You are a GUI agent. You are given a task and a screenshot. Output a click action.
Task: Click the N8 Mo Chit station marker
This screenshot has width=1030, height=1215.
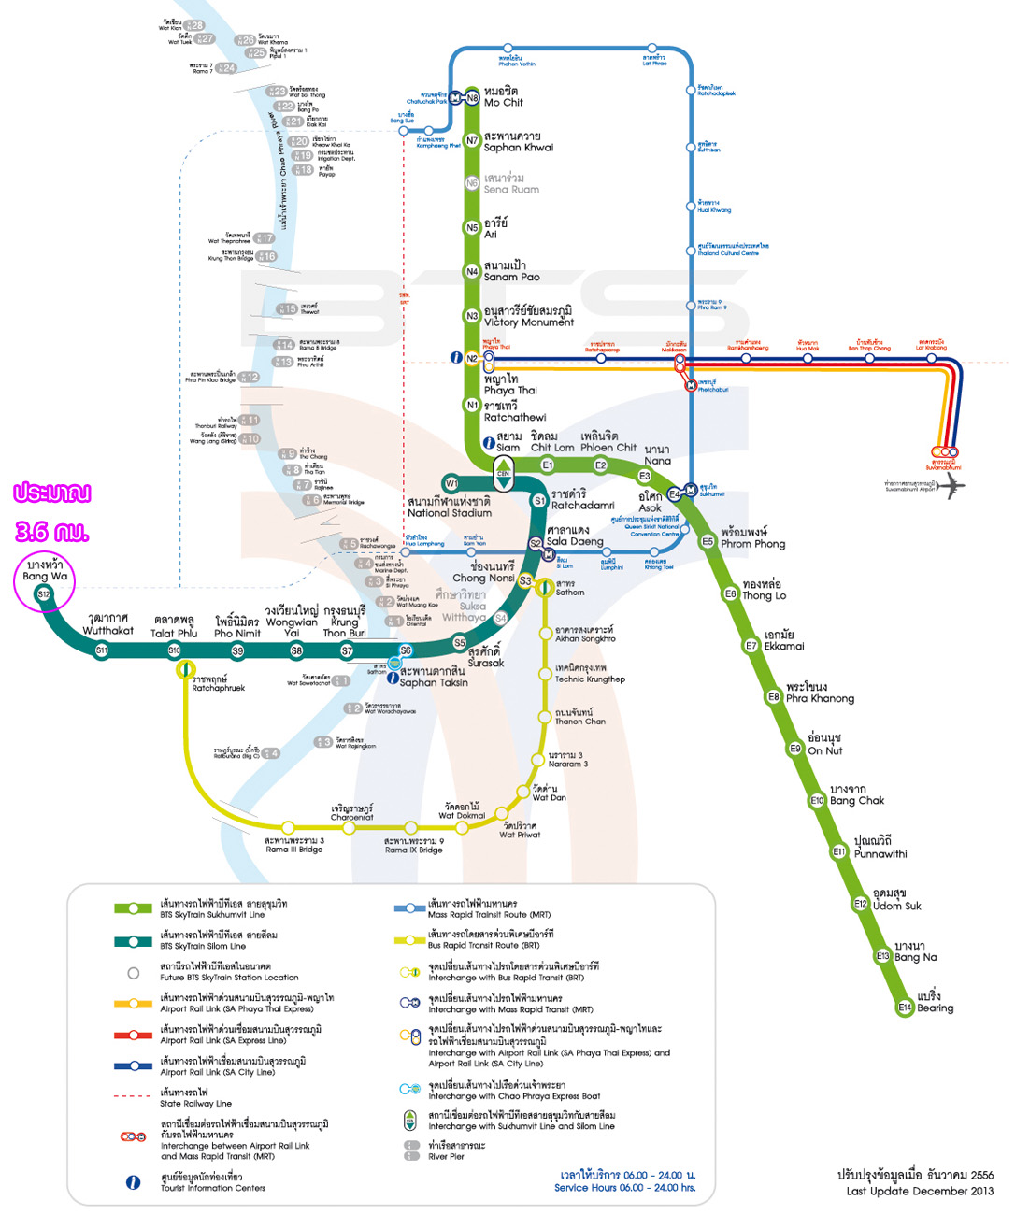(472, 97)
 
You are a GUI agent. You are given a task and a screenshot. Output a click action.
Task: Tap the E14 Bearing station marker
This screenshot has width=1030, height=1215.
(905, 1007)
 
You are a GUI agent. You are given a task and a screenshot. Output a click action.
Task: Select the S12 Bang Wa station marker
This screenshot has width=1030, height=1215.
(43, 593)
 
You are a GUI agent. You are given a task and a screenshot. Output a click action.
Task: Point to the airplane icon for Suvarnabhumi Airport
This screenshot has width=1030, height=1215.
(951, 485)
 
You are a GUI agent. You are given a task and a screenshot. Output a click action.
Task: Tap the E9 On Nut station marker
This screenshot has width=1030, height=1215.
(795, 748)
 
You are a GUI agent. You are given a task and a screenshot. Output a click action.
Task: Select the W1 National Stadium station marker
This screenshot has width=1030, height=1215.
(451, 483)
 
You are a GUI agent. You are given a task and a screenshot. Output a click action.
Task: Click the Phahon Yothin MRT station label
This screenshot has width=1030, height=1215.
(516, 62)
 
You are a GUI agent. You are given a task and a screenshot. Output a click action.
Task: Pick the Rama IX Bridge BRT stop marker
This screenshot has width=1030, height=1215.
(410, 827)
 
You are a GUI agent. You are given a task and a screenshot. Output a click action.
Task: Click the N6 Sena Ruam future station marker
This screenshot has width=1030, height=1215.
(472, 183)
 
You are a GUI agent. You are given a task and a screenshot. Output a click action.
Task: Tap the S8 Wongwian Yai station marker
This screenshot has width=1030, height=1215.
(296, 650)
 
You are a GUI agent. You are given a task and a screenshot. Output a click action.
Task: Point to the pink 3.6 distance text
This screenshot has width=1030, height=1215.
(51, 532)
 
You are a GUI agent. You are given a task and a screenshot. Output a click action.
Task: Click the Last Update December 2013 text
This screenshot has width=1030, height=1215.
(920, 1191)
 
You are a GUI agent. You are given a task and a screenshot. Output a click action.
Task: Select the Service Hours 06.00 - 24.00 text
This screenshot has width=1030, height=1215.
(624, 1188)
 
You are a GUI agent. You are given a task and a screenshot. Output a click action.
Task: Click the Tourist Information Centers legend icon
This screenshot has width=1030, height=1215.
(133, 1182)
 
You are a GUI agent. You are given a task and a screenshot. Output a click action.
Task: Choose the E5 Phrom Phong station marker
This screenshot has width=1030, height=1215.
(708, 541)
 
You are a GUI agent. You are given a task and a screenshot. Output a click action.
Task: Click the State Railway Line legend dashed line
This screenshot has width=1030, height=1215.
(132, 1095)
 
